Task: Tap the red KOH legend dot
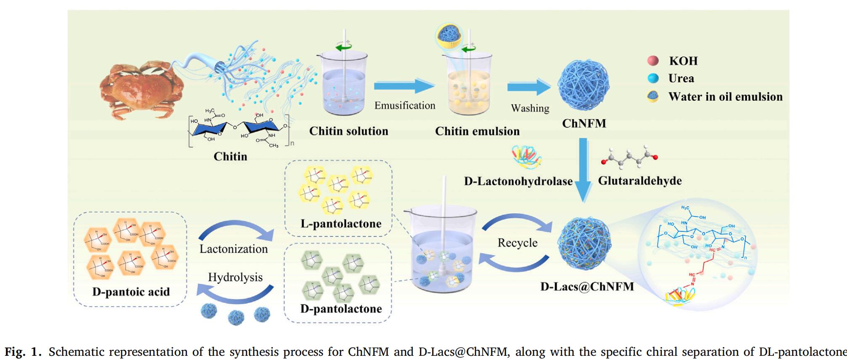tap(653, 61)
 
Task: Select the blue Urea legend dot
tap(653, 78)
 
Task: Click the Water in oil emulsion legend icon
tap(653, 96)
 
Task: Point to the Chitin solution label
tap(348, 131)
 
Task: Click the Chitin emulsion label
tap(477, 131)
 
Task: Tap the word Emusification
tap(405, 106)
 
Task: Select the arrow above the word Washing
tap(528, 87)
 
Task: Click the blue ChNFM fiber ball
tap(583, 85)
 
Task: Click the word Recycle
tap(518, 243)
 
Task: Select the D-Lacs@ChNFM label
tap(587, 287)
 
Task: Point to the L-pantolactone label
tap(341, 224)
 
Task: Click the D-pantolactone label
tap(341, 309)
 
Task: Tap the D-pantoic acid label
tap(131, 292)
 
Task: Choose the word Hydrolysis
tap(235, 277)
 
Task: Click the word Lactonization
tap(234, 249)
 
